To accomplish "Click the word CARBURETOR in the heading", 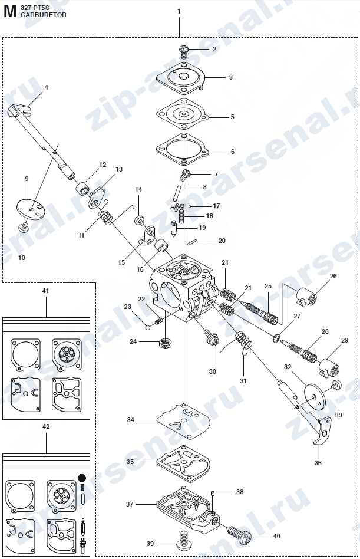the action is click(x=44, y=15).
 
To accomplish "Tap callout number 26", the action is click(x=333, y=276).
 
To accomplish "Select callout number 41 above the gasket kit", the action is click(x=45, y=291).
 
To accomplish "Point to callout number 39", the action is click(x=150, y=544).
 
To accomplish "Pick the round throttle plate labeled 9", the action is click(x=31, y=208).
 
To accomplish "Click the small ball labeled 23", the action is click(x=147, y=326).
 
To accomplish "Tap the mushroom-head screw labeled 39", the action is click(x=184, y=542).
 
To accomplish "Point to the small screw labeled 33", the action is click(x=336, y=385).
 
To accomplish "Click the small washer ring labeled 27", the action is click(x=277, y=338).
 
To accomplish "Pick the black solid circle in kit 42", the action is click(x=82, y=478).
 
